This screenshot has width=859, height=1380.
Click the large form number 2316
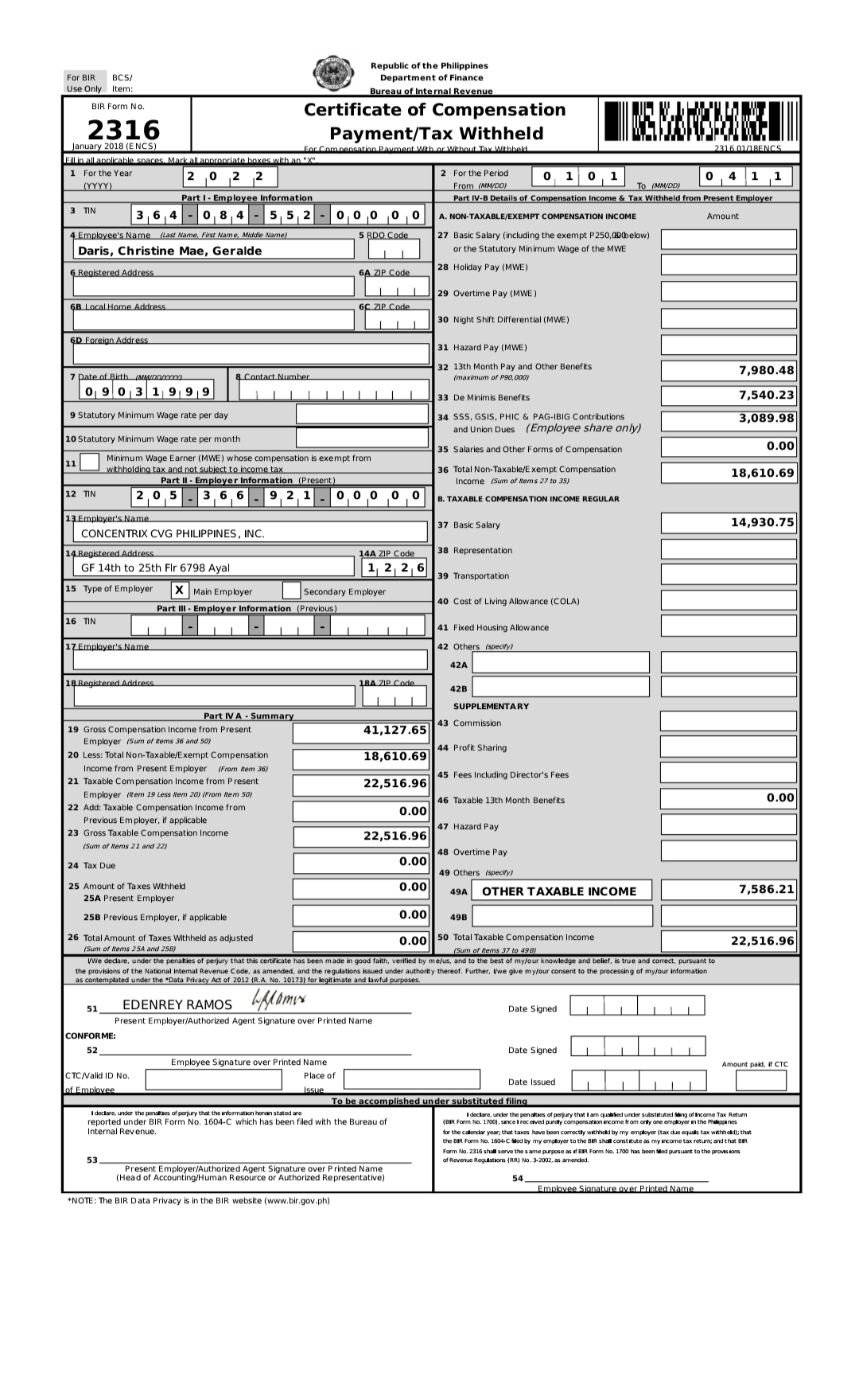point(123,129)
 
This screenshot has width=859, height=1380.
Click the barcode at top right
point(699,121)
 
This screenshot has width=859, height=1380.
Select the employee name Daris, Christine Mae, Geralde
point(170,251)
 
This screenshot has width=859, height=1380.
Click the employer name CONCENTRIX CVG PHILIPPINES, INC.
point(173,533)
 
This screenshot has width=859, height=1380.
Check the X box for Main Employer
point(180,591)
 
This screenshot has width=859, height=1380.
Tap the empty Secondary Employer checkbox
point(291,591)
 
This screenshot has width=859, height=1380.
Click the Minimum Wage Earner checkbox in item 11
point(90,462)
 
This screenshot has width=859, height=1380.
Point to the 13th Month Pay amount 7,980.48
point(766,370)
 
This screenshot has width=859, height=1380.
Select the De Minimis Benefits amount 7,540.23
point(766,395)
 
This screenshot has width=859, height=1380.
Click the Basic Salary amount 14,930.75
point(762,522)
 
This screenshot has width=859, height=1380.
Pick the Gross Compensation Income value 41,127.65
point(395,730)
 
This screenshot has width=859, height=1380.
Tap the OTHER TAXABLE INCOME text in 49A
point(559,891)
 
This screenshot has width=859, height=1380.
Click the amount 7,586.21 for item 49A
point(766,889)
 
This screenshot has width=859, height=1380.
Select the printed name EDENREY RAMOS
point(177,1005)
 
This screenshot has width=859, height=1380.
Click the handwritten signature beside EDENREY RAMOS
point(278,999)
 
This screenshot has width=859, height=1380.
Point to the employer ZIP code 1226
point(395,567)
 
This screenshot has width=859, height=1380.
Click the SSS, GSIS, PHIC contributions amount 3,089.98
point(766,418)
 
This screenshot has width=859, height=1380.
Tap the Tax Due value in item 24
point(413,862)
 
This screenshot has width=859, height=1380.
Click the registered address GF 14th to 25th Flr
point(156,567)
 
